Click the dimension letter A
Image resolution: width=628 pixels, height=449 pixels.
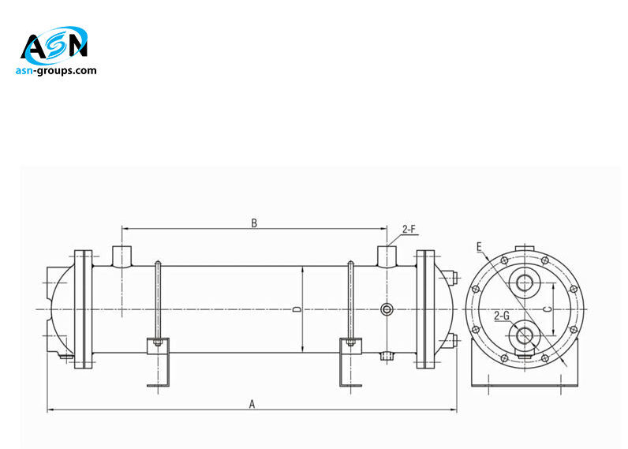(x=252, y=403)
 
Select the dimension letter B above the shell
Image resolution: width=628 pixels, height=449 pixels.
(x=254, y=223)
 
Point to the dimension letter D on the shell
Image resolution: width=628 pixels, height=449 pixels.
(x=297, y=309)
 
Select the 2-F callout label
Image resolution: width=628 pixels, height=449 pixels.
(x=409, y=230)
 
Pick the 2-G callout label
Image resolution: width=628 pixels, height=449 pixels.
(x=501, y=316)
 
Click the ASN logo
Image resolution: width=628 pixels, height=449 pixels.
(x=54, y=47)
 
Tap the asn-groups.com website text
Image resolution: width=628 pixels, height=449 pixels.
(x=56, y=70)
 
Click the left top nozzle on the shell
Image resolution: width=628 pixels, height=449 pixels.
(x=122, y=256)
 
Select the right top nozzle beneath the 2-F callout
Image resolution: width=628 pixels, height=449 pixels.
(x=387, y=256)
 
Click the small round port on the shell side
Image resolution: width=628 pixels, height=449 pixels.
(x=386, y=309)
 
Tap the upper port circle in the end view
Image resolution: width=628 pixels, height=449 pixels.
(x=525, y=282)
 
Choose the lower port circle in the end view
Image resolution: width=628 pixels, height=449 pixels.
(x=525, y=336)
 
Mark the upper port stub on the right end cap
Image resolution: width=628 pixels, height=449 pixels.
(x=451, y=278)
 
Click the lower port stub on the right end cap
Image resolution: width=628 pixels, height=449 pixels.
(x=451, y=340)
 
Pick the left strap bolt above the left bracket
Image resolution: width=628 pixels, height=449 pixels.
(x=159, y=300)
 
